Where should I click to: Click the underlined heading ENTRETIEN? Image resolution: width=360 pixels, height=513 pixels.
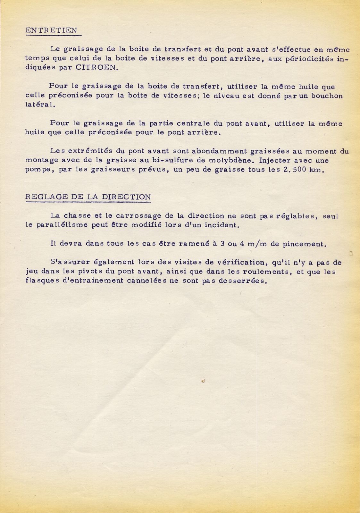(x=51, y=30)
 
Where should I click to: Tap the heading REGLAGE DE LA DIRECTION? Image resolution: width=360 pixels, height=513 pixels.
(x=88, y=197)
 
